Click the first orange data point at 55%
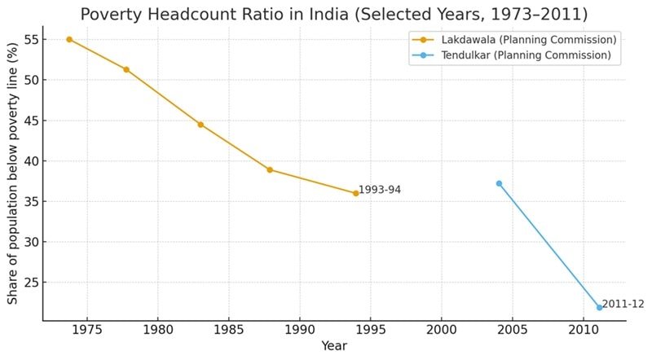(x=69, y=39)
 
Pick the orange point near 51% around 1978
(x=126, y=69)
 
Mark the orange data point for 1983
(x=200, y=125)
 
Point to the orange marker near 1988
(x=270, y=170)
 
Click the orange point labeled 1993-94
(x=355, y=193)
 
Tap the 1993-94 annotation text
(x=380, y=191)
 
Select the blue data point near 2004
(x=499, y=183)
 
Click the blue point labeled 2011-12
(x=599, y=307)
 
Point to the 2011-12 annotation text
(x=623, y=304)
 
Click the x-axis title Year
(x=334, y=346)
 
